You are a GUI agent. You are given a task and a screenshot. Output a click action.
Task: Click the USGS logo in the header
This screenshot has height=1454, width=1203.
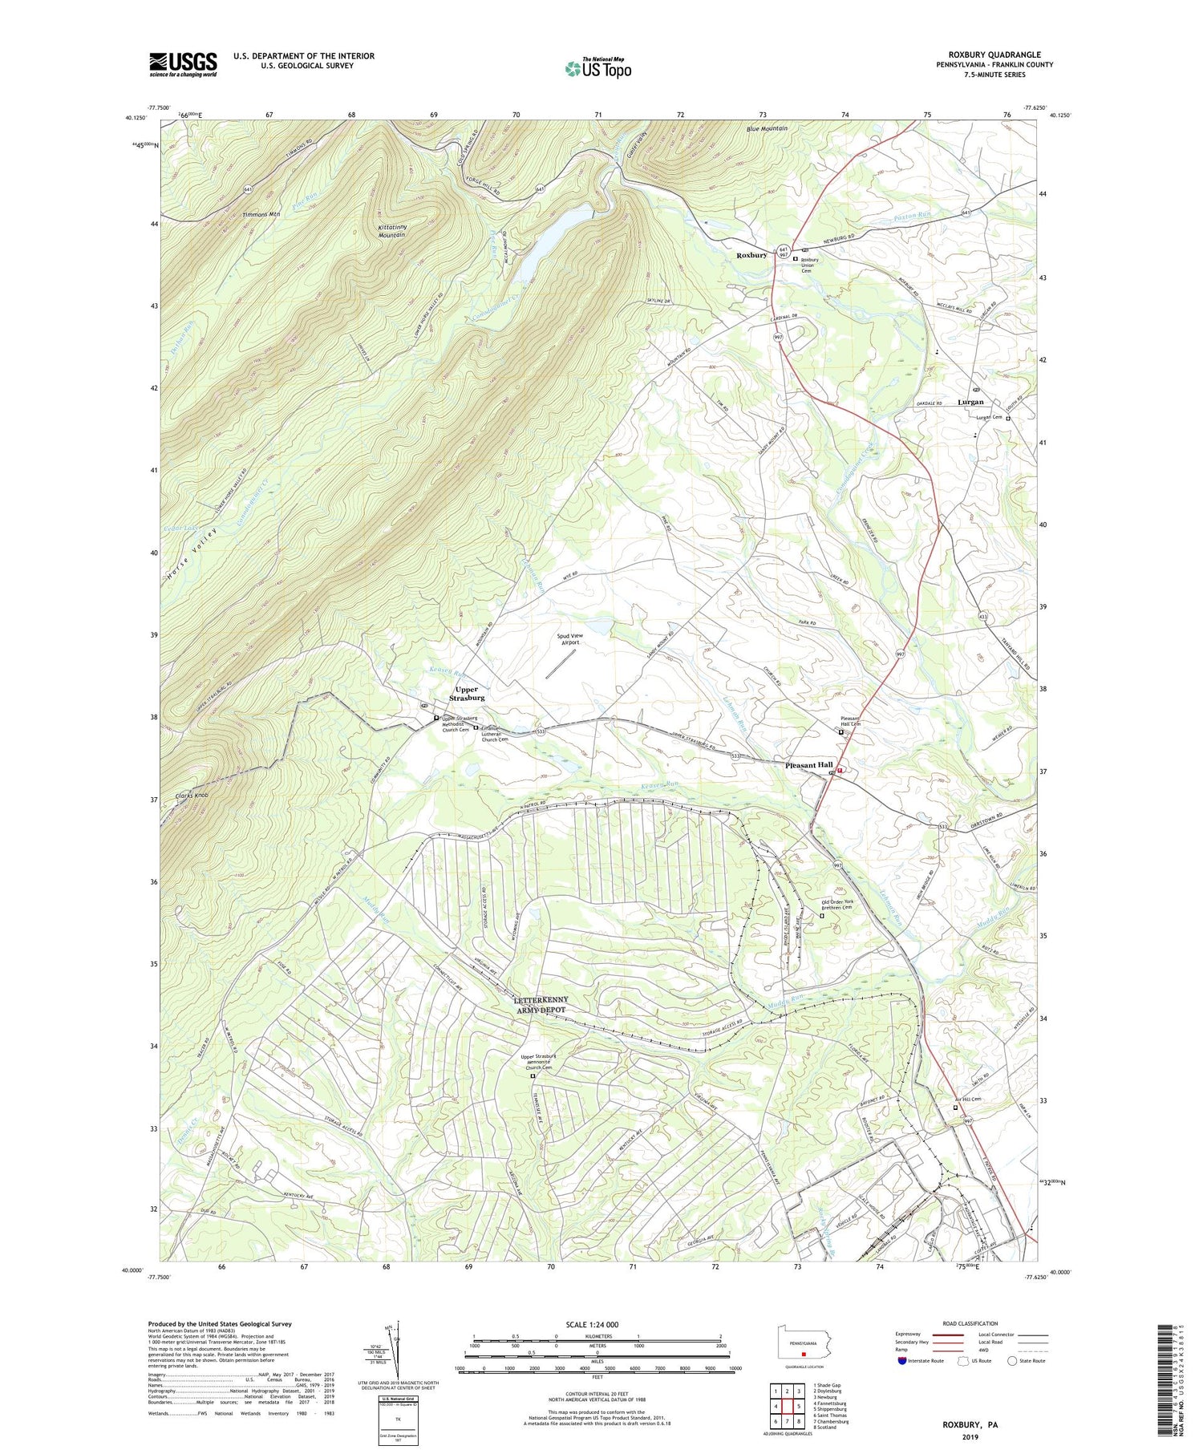pyautogui.click(x=183, y=64)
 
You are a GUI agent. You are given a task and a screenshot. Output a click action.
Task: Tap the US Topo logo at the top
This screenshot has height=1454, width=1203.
pyautogui.click(x=597, y=68)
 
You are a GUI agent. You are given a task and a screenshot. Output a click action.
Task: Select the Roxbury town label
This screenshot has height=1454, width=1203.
pyautogui.click(x=751, y=255)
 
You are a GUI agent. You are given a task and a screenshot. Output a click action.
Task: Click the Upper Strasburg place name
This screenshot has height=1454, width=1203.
pyautogui.click(x=466, y=693)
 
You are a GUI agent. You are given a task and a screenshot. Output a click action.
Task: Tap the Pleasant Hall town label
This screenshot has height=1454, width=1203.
pyautogui.click(x=809, y=765)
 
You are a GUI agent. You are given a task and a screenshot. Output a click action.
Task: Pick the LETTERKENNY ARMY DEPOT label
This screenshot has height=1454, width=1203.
pyautogui.click(x=541, y=1004)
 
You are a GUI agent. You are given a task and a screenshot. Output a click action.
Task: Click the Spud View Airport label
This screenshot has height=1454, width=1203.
pyautogui.click(x=570, y=639)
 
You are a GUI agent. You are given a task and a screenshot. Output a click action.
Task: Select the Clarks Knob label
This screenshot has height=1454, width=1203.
pyautogui.click(x=192, y=796)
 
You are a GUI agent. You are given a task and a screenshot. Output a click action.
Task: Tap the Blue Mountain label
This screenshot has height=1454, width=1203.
pyautogui.click(x=767, y=128)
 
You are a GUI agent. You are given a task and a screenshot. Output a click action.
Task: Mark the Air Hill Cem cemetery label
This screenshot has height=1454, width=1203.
pyautogui.click(x=967, y=1099)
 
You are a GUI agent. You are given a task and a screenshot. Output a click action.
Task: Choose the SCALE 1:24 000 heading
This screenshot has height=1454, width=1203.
pyautogui.click(x=597, y=1324)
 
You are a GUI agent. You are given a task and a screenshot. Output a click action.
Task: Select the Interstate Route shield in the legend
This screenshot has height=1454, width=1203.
pyautogui.click(x=903, y=1361)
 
